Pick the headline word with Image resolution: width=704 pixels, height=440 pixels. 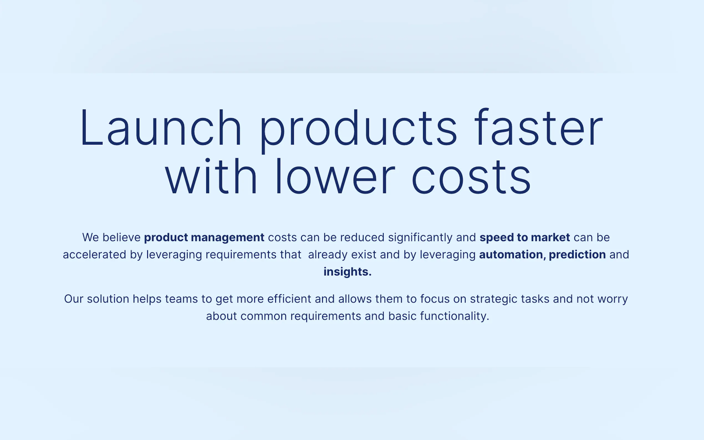point(211,176)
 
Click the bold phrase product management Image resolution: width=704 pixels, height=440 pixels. point(204,238)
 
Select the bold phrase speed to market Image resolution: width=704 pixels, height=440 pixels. point(524,237)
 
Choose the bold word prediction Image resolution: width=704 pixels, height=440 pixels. point(577,255)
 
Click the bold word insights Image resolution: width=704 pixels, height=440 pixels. point(348,272)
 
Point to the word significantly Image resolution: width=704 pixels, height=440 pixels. point(420,238)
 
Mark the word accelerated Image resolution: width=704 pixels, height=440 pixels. point(94,255)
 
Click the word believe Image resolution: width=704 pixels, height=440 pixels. point(122,237)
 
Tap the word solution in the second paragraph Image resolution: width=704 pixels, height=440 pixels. point(108,299)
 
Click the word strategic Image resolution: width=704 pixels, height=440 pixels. point(494,299)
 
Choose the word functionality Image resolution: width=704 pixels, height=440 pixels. point(454,316)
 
